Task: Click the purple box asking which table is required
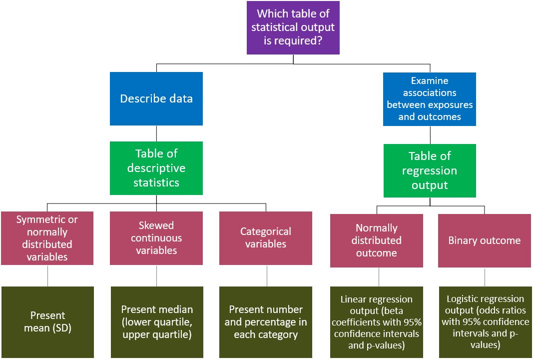(x=293, y=27)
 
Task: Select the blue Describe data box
(x=156, y=98)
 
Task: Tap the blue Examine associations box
(x=430, y=99)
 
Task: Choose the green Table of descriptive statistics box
(x=156, y=168)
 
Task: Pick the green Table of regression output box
(x=430, y=170)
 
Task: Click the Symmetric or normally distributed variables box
(x=47, y=238)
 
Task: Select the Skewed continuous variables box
(x=156, y=238)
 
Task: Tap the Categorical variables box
(x=266, y=238)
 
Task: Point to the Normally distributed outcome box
(x=376, y=240)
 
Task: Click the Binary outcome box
(x=484, y=240)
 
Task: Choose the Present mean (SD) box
(x=47, y=322)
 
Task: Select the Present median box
(x=157, y=322)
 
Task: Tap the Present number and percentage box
(x=266, y=322)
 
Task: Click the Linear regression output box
(x=376, y=322)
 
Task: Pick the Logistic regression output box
(x=485, y=322)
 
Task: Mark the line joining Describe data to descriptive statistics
(x=156, y=133)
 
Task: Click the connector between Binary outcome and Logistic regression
(x=485, y=276)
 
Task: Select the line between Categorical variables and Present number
(x=266, y=275)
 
